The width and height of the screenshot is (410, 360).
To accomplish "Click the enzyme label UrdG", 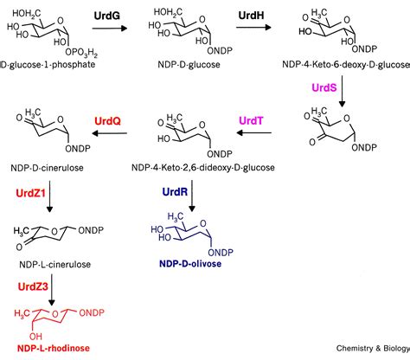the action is tap(107, 16).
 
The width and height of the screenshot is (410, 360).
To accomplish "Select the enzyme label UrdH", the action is tap(251, 16).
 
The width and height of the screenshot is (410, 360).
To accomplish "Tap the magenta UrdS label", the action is tap(324, 87).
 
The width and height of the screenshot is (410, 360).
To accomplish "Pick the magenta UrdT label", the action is tap(251, 120).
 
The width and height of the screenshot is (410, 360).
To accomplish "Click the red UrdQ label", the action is tap(107, 121).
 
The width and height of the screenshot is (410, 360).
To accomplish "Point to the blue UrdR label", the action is tap(175, 192).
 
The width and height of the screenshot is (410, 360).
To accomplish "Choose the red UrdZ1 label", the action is tap(31, 193).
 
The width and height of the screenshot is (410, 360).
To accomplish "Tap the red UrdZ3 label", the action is tap(33, 286).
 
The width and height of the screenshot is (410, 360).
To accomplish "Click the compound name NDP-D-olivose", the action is tap(190, 264).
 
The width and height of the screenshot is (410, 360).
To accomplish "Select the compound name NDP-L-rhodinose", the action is tap(54, 348).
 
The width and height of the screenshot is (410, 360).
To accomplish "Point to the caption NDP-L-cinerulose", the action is tap(54, 265).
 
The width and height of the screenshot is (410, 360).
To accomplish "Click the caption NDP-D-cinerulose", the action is tap(47, 168).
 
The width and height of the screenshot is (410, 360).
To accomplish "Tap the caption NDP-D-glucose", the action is tap(189, 64).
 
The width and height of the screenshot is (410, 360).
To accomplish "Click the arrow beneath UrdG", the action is tap(110, 28).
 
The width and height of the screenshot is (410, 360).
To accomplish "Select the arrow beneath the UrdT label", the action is tap(253, 133).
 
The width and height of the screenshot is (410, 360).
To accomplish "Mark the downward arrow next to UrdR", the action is tap(192, 196).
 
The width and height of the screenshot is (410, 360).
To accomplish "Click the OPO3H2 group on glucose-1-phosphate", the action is tap(81, 53).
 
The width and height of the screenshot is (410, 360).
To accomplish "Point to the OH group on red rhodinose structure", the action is tap(35, 337).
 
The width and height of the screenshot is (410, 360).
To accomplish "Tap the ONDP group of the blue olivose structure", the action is tap(221, 253).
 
